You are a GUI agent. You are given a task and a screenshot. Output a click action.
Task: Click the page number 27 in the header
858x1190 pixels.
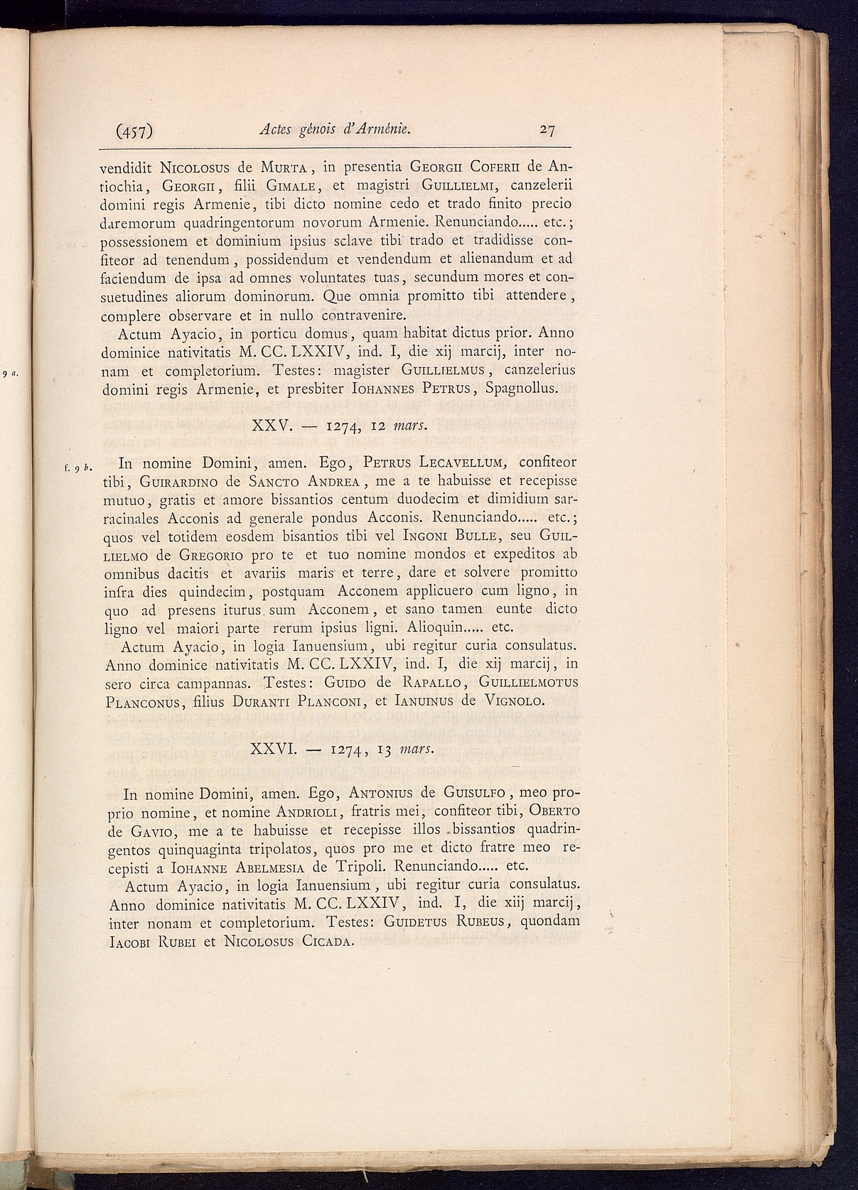pos(547,130)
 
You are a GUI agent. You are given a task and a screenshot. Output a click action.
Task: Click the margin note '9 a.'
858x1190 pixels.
pos(9,372)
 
